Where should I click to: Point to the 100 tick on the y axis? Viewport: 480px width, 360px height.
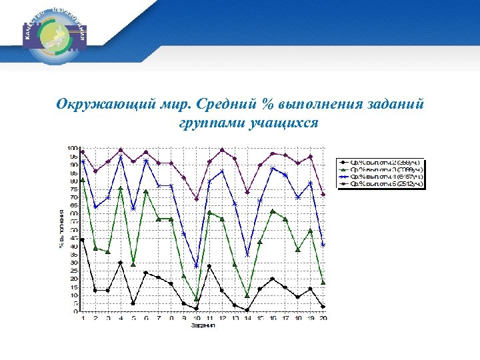pos(71,148)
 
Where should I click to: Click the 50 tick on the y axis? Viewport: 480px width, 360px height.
pos(73,230)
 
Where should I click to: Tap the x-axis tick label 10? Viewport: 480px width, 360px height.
pos(196,319)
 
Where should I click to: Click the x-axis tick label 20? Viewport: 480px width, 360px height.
pos(323,319)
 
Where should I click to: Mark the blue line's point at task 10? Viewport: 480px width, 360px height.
pos(196,266)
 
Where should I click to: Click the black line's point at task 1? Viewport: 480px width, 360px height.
pos(82,240)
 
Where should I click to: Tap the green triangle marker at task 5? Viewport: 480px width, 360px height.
pos(133,265)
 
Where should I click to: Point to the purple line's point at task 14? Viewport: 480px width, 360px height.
pos(247,193)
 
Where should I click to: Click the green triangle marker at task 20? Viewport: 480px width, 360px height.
pos(323,283)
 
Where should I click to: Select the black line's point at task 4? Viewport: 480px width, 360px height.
pos(120,263)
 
